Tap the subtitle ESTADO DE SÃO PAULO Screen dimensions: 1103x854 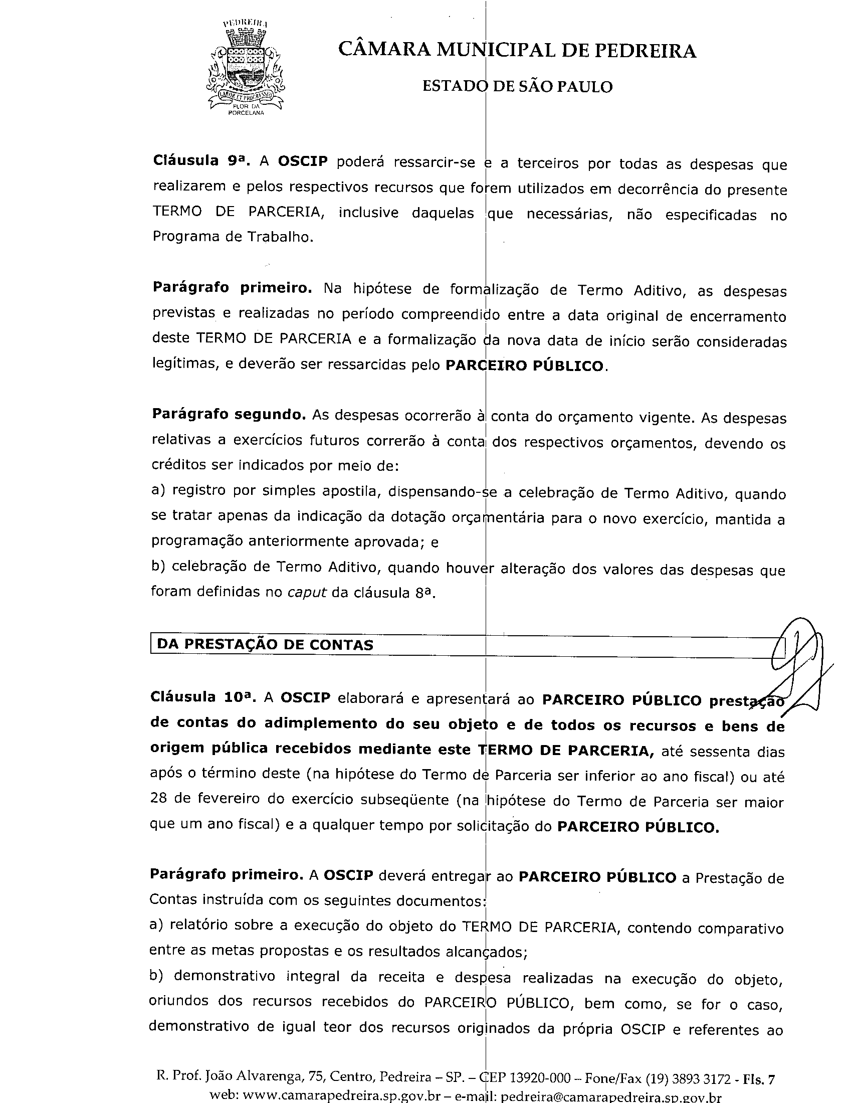tap(517, 87)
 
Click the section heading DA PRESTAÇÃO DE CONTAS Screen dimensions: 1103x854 tap(265, 644)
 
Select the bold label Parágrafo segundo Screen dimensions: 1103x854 tap(229, 415)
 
